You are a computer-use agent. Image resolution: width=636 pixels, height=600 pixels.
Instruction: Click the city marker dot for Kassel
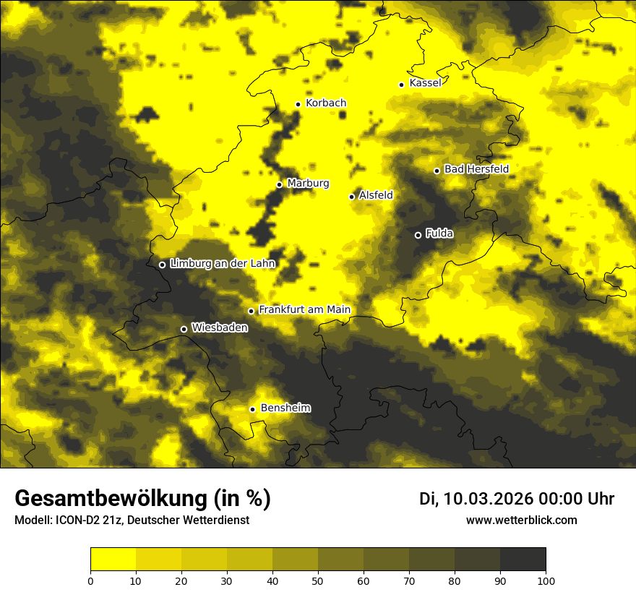coord(401,85)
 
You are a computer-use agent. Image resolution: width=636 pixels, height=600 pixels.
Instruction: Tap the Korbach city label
coord(326,103)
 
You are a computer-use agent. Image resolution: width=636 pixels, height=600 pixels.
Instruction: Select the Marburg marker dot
coord(279,184)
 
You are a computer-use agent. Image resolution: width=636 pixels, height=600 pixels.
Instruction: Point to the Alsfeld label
coord(376,195)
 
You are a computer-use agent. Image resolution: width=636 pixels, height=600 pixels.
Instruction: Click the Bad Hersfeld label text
coord(476,169)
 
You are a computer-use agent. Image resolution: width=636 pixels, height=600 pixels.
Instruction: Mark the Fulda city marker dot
coord(418,235)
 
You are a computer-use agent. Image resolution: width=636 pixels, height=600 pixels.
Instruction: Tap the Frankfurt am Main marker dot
coord(252,312)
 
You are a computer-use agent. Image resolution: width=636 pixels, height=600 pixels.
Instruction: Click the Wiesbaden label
coord(220,328)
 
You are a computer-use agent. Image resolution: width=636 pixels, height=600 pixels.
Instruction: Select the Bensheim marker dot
coord(253,409)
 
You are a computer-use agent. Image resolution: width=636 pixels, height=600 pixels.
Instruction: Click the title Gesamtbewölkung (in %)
coord(142,499)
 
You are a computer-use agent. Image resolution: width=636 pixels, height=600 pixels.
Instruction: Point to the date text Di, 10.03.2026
coord(476,499)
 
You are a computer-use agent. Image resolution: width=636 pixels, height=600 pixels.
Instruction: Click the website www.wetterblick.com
coord(521,520)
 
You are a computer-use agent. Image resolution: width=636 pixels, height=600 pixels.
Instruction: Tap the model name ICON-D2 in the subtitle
coord(79,520)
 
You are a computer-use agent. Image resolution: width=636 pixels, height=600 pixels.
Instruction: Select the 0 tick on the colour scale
coord(90,580)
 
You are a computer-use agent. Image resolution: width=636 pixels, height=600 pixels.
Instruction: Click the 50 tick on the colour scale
coord(318,580)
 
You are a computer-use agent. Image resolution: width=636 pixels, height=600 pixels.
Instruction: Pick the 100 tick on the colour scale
coord(546,580)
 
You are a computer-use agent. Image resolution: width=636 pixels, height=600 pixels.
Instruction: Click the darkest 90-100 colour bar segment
coord(523,560)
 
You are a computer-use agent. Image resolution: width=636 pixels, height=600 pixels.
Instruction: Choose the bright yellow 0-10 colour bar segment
coord(113,560)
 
